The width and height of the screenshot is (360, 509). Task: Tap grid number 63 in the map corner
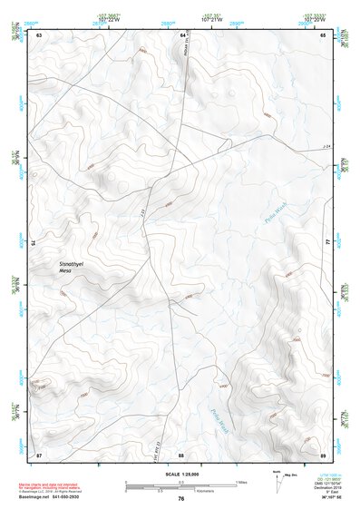pos(39,34)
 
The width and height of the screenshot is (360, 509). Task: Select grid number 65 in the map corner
pos(323,34)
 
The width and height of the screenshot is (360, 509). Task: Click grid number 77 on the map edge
pos(327,243)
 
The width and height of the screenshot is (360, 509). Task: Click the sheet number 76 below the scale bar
pos(180,498)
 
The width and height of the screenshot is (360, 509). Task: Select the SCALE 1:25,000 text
pos(180,474)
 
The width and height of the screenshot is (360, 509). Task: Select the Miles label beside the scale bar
pos(243,481)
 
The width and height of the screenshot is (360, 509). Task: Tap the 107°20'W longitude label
pos(315,16)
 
